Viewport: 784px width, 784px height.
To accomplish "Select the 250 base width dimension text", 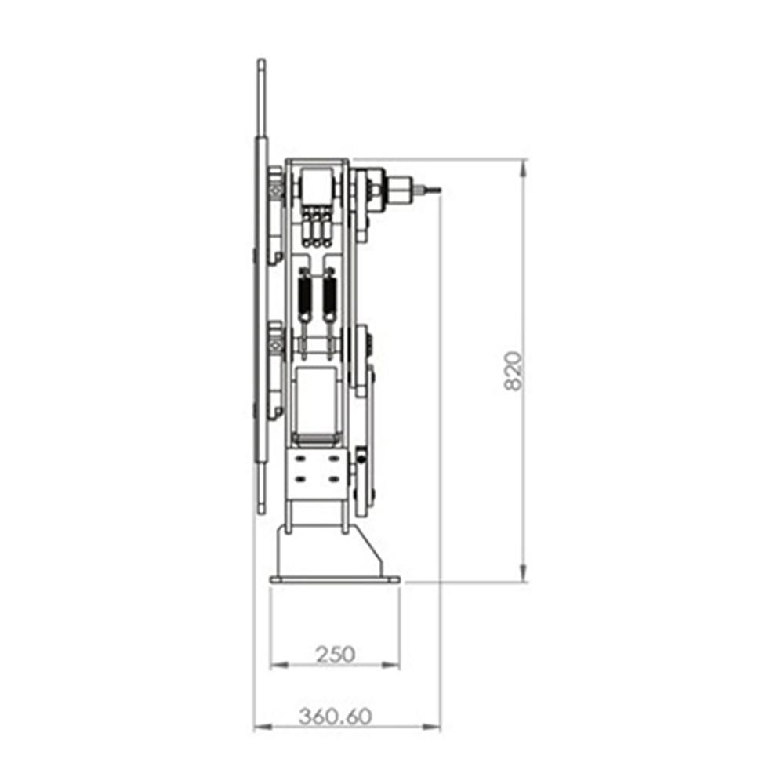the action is pyautogui.click(x=336, y=654).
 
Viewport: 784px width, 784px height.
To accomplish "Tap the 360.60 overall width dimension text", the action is pyautogui.click(x=336, y=717).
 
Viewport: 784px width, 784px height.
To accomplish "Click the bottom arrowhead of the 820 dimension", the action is pyautogui.click(x=523, y=573).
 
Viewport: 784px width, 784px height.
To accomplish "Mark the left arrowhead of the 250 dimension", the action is pyautogui.click(x=278, y=665).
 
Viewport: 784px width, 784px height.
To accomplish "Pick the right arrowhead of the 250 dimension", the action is pyautogui.click(x=391, y=665).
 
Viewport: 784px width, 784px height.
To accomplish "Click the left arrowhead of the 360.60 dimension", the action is pyautogui.click(x=263, y=727).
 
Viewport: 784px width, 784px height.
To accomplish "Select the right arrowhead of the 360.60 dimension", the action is pyautogui.click(x=432, y=727).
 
